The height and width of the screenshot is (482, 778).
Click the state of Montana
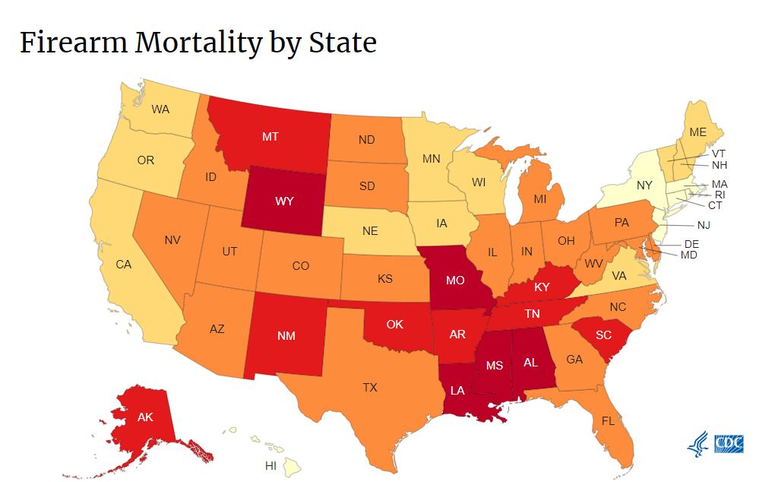pos(270,137)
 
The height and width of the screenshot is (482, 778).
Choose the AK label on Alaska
pos(145,417)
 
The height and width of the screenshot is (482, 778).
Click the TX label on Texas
pos(369,388)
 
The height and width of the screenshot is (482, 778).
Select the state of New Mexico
pos(286,335)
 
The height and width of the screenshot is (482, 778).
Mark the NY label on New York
pos(644,185)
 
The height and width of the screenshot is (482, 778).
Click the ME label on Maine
pos(698,132)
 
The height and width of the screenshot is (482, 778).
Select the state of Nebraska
pos(369,231)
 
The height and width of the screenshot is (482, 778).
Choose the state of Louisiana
pos(460,389)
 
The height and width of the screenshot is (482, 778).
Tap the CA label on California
pos(124,265)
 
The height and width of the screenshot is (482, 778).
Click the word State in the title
pos(342,43)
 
